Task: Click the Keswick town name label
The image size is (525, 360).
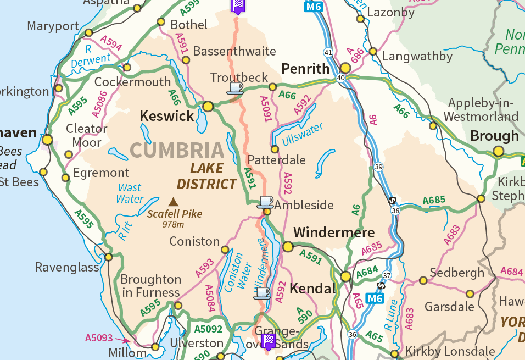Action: (x=167, y=116)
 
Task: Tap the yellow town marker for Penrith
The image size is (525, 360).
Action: (x=345, y=68)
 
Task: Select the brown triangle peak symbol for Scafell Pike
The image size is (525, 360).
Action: (x=174, y=202)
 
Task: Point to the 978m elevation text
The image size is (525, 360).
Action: (x=173, y=224)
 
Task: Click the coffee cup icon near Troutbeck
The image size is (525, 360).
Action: (x=235, y=87)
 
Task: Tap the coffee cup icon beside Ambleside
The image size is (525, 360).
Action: (x=266, y=201)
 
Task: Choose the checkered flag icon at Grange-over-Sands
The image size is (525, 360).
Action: (x=269, y=341)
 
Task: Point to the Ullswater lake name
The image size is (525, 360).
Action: (x=303, y=134)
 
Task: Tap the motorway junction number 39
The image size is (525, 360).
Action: (x=378, y=167)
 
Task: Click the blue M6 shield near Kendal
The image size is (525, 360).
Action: (x=375, y=299)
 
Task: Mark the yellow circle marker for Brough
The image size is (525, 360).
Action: (x=498, y=151)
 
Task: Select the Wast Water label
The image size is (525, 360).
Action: (x=130, y=193)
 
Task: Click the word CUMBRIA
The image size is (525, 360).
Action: (x=177, y=150)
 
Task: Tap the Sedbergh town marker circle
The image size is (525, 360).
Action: (x=423, y=280)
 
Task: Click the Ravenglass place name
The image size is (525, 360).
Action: (x=67, y=268)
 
